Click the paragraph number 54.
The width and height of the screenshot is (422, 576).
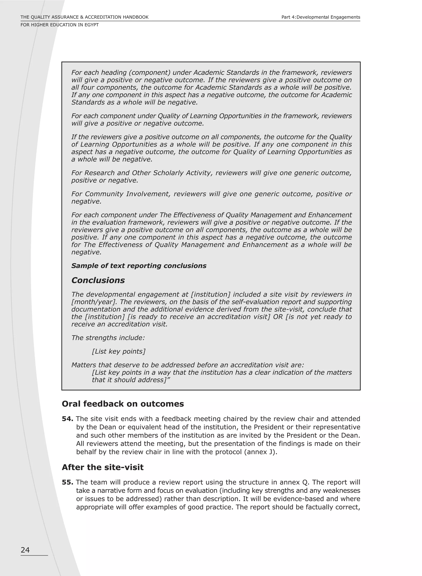pos(67,419)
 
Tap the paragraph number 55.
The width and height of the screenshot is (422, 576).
pos(67,482)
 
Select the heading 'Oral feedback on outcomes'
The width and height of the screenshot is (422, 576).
pos(123,404)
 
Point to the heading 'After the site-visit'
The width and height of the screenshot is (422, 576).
pos(102,467)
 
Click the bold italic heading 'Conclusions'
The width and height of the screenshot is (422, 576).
pos(98,280)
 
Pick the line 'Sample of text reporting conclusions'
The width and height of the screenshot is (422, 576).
pos(139,266)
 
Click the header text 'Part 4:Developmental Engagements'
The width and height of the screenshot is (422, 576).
pos(321,17)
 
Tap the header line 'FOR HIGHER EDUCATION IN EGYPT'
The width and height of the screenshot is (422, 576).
pos(60,25)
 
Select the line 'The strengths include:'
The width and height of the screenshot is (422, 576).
pos(108,338)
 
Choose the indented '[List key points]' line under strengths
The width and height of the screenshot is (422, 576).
pos(118,351)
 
